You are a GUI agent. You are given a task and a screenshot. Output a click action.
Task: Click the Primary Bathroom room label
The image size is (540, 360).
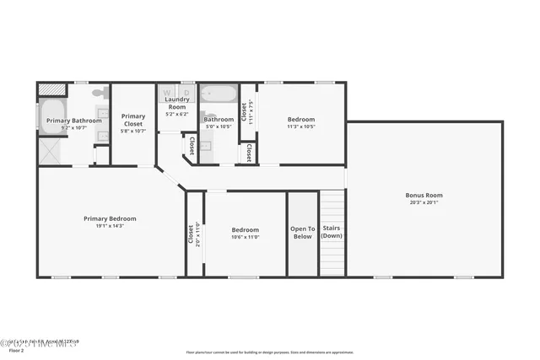[73, 121]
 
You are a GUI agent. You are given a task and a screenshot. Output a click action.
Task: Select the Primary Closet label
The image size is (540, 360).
[133, 120]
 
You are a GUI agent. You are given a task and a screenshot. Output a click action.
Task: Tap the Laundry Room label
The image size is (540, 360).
[176, 103]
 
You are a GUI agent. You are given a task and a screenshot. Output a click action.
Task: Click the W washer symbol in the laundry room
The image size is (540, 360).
[166, 90]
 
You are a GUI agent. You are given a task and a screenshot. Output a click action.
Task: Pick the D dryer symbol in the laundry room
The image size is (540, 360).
[186, 90]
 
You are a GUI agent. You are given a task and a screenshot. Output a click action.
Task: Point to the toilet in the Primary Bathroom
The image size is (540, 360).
[99, 92]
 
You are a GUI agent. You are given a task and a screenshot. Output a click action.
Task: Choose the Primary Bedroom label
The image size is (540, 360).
[110, 218]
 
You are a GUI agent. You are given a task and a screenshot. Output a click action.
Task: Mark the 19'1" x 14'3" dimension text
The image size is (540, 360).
[110, 226]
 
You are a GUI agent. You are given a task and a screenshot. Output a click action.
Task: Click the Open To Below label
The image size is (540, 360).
[302, 233]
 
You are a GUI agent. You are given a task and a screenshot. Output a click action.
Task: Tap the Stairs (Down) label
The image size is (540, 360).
[332, 233]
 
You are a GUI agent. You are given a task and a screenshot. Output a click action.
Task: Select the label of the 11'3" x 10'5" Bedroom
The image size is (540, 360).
[301, 119]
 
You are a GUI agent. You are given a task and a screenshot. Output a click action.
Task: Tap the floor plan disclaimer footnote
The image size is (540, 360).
[270, 352]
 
